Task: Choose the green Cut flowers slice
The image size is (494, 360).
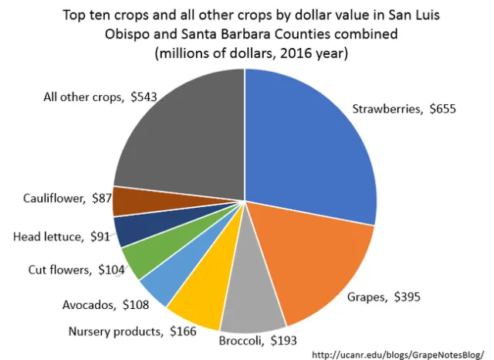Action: [x=139, y=258]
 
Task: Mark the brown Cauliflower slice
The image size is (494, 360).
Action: [x=126, y=202]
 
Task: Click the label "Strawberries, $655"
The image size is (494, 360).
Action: [x=404, y=110]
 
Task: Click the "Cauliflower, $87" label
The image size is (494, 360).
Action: [x=59, y=199]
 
